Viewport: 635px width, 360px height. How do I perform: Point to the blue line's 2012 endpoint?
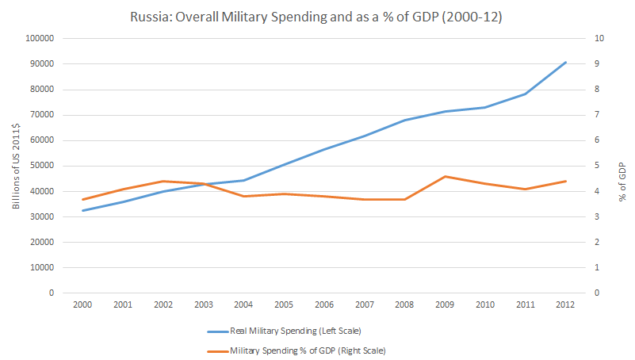click(564, 62)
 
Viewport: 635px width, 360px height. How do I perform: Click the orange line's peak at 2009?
click(445, 176)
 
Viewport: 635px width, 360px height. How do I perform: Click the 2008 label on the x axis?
click(404, 304)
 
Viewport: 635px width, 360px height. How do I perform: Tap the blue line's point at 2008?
click(404, 120)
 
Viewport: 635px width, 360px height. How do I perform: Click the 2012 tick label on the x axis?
click(564, 304)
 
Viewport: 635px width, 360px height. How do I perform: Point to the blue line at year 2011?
click(525, 94)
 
